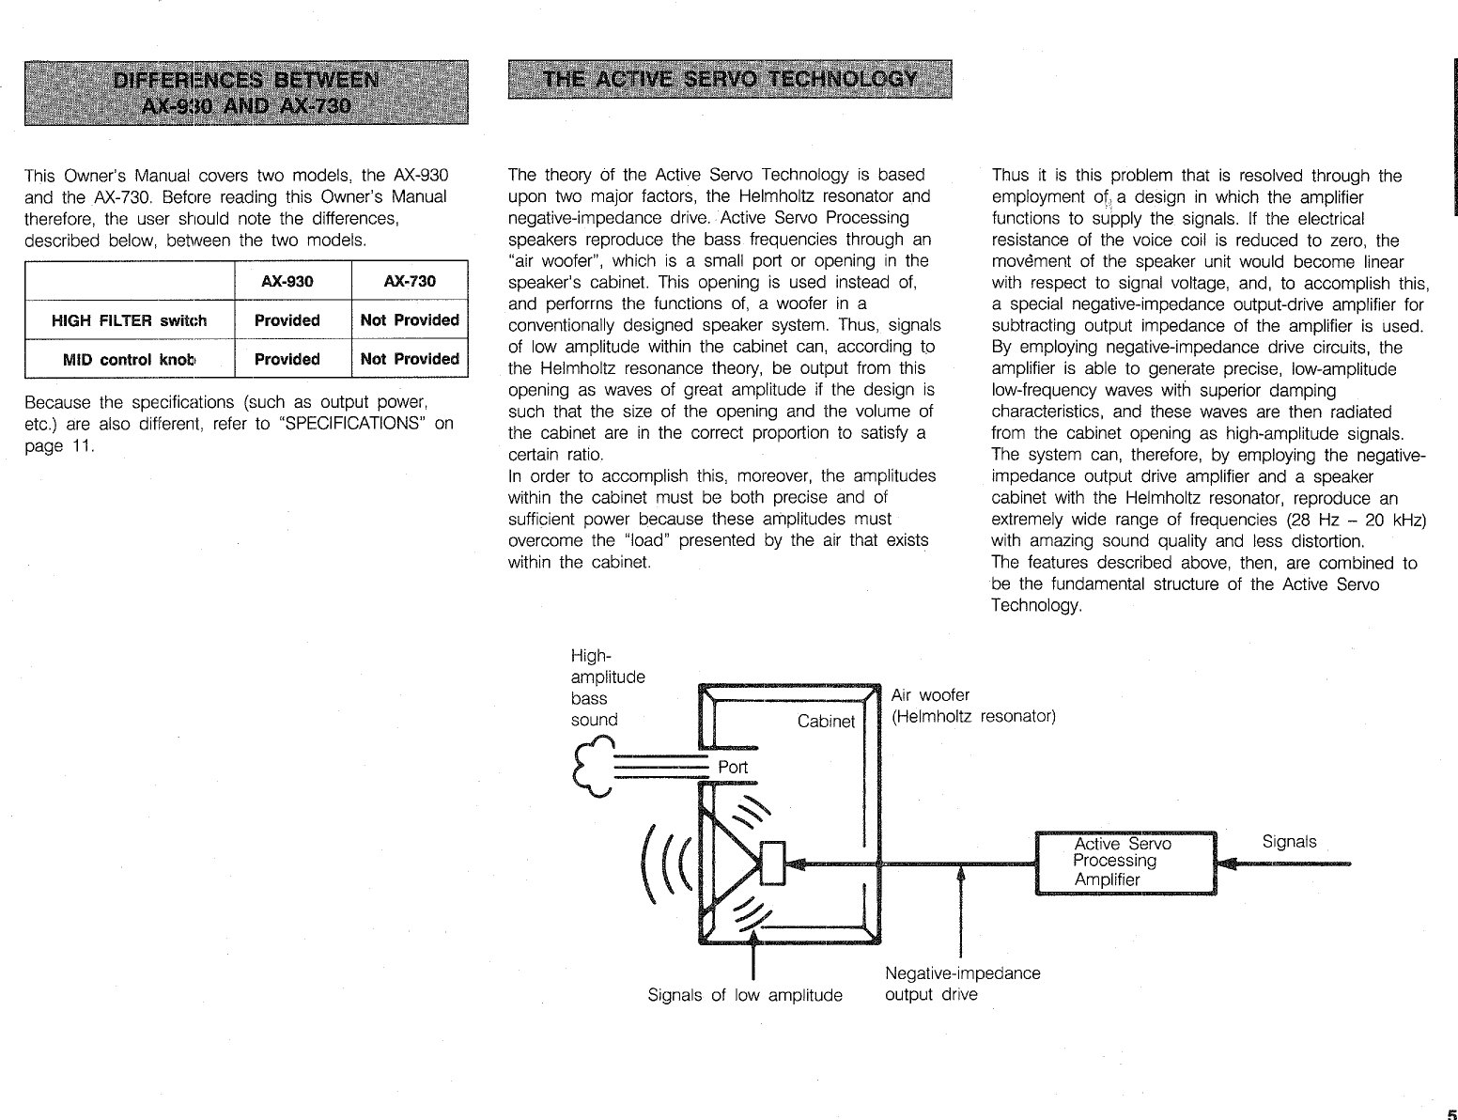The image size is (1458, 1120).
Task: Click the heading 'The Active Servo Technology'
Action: [729, 78]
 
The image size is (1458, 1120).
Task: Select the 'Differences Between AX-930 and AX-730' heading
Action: [246, 91]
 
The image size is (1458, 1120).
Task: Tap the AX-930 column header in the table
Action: [287, 281]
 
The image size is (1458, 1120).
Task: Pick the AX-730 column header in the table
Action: [410, 281]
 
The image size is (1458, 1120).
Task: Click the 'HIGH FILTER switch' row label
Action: [129, 320]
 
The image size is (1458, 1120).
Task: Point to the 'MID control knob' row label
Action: [129, 359]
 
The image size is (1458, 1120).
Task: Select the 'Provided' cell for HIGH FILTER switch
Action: [287, 320]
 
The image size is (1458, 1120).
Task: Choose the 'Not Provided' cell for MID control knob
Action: [410, 359]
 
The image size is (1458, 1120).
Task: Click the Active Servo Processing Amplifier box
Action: [1125, 863]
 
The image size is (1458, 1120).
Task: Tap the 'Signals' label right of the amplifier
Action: [1289, 842]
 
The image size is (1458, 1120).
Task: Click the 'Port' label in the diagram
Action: [733, 767]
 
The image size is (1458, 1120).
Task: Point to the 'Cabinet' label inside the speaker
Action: [826, 722]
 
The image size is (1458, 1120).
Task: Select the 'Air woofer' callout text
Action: [930, 695]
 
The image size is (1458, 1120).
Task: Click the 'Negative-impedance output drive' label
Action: [962, 984]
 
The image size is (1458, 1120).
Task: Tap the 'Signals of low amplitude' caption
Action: [745, 995]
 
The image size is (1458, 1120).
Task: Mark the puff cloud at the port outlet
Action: [592, 766]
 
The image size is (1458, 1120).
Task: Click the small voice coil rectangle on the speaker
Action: [771, 863]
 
